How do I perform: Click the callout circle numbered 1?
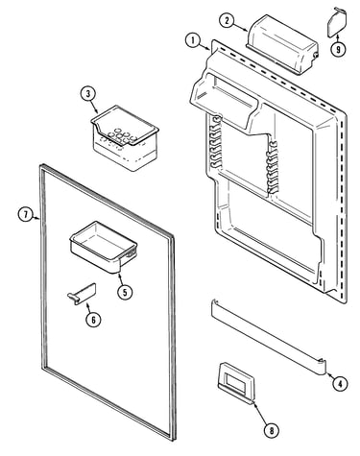193,40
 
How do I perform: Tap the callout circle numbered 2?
227,21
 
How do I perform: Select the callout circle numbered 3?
88,94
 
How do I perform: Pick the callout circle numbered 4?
340,383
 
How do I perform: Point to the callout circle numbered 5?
125,292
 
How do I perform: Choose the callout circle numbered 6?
93,320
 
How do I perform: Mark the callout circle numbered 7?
26,214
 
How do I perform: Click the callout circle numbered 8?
272,430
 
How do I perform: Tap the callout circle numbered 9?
338,49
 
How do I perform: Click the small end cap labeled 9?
336,21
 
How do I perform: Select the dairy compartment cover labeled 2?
283,43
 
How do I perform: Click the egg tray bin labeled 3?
125,137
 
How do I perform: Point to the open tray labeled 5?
103,247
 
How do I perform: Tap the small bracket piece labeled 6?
82,294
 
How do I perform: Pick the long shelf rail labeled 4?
268,336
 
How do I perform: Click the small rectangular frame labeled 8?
236,382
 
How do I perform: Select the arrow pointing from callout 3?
94,107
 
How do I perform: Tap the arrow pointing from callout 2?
241,27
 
